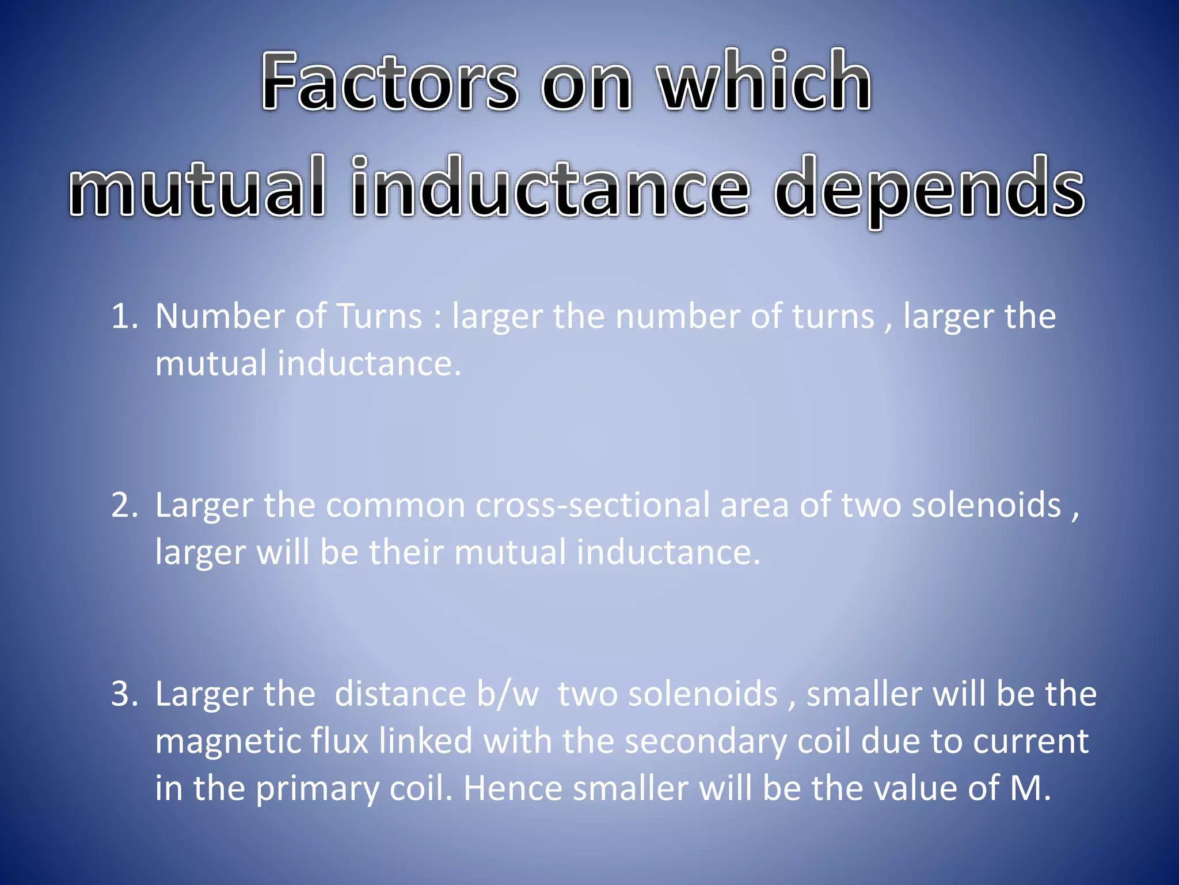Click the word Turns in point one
(x=379, y=317)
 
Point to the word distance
(x=400, y=694)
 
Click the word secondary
(x=705, y=742)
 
